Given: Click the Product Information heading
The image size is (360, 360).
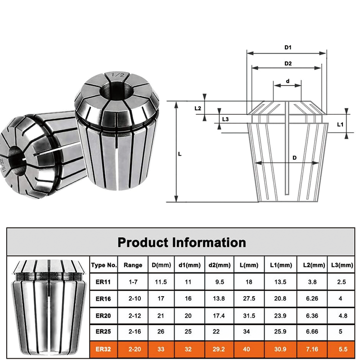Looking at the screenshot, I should (x=182, y=243).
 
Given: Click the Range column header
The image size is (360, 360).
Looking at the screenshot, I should (x=133, y=265).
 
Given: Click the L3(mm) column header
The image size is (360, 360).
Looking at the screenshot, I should (x=345, y=265).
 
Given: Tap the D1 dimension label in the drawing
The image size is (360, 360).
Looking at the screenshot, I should (x=288, y=47).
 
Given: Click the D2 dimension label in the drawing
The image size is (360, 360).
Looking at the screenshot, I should (x=288, y=63).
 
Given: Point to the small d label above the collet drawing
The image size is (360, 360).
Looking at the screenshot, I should (x=288, y=82).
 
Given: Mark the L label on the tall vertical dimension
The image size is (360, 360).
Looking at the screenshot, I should (x=180, y=154).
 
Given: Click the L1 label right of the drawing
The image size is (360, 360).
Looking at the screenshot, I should (x=340, y=124).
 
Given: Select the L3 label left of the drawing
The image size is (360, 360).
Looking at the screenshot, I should (x=226, y=119).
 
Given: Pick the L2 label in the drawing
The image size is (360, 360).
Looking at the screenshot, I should (x=198, y=108).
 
